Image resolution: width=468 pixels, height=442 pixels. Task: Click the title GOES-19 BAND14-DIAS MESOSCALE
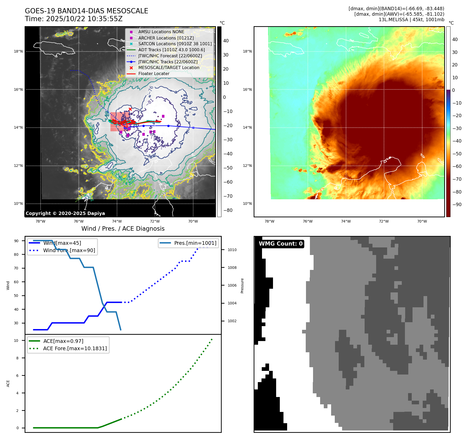[86, 11]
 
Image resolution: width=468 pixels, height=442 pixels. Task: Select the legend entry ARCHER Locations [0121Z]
[166, 38]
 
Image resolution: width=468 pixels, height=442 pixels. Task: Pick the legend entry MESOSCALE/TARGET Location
[169, 67]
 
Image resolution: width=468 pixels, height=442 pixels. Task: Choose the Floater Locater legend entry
[154, 73]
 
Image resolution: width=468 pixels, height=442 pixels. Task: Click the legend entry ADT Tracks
[171, 50]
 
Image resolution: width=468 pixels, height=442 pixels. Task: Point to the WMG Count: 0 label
[280, 244]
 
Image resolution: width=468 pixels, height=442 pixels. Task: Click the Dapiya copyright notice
[65, 213]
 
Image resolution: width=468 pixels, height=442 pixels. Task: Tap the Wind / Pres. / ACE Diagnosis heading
[123, 229]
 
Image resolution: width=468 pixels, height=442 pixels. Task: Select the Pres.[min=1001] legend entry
[195, 243]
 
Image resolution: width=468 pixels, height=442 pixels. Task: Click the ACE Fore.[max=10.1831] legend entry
[75, 348]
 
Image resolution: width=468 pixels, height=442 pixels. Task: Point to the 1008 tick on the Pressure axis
[232, 268]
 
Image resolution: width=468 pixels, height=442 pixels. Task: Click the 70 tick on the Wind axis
[16, 268]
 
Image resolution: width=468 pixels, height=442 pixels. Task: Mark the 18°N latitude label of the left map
[18, 52]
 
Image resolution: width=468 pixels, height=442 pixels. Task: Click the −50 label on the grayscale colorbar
[228, 168]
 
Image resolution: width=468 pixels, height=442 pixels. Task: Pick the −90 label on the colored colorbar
[457, 205]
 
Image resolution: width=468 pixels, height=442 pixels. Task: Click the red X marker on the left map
[130, 109]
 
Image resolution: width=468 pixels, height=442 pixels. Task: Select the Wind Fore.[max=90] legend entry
[69, 250]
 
